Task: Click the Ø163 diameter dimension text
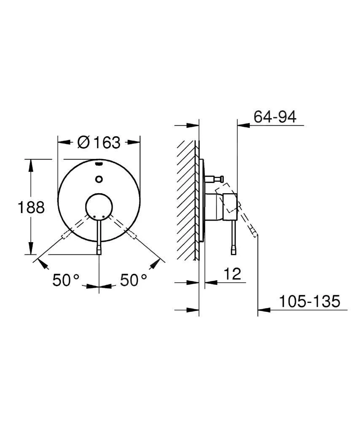[x=99, y=143]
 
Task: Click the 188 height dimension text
[x=31, y=207]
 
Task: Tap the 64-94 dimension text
[x=275, y=117]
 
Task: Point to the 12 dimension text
[x=232, y=274]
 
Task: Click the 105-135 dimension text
[x=309, y=302]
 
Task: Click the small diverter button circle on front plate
[x=99, y=179]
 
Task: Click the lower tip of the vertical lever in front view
[x=99, y=252]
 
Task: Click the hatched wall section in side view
[x=187, y=198]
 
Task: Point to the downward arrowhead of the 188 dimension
[x=30, y=249]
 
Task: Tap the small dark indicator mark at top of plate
[x=99, y=164]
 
